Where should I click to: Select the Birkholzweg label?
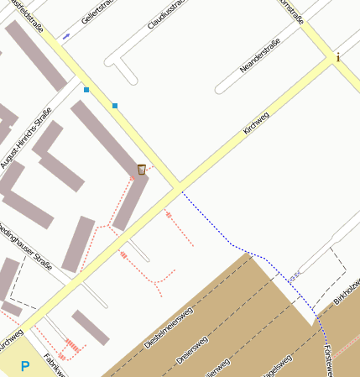(x=346, y=291)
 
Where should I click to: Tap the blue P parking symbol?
(x=25, y=366)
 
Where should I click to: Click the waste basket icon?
(x=141, y=170)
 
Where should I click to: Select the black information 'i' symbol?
(x=337, y=58)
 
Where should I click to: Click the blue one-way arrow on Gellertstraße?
(x=66, y=37)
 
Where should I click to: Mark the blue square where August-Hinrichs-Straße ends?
(x=86, y=89)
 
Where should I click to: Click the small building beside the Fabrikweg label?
(x=90, y=327)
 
